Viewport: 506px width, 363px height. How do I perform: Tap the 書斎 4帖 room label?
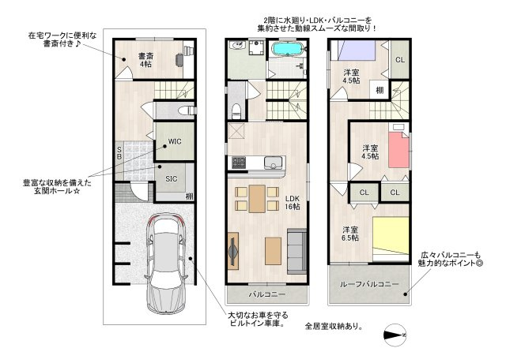click(x=145, y=60)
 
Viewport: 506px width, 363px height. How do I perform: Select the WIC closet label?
click(x=174, y=142)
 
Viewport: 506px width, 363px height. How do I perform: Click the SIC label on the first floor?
click(x=171, y=178)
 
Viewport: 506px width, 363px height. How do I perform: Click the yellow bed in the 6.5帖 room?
click(x=391, y=237)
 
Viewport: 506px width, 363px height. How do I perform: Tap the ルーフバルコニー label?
click(x=368, y=284)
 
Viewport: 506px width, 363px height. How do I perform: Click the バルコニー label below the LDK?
click(x=266, y=294)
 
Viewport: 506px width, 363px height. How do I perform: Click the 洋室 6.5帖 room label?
click(x=350, y=234)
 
